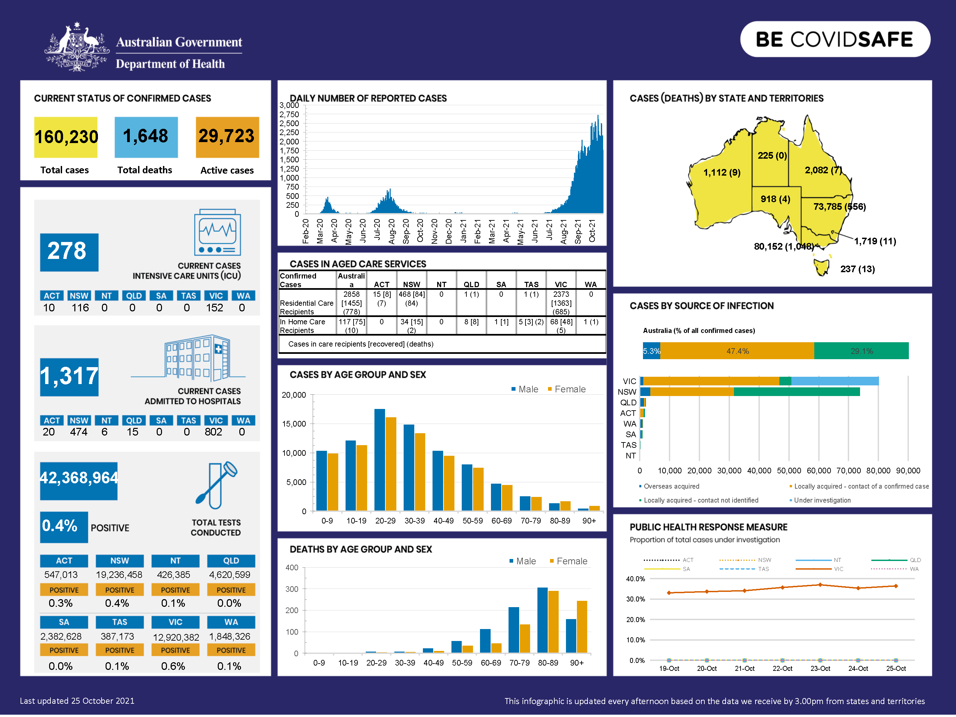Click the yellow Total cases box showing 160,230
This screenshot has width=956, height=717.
coord(66,137)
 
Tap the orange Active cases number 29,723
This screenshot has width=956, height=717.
coord(227,136)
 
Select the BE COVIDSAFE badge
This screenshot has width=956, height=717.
coord(835,39)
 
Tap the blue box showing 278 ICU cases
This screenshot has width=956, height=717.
coord(69,252)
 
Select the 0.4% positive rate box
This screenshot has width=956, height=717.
coord(63,526)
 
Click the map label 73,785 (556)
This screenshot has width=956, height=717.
coord(839,206)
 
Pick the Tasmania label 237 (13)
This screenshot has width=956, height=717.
coord(857,269)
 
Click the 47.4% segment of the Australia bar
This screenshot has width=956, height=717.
coord(737,351)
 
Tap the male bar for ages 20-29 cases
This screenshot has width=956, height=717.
coord(379,459)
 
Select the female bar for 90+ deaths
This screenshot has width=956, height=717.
coord(582,626)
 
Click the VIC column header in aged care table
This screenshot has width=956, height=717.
coord(561,284)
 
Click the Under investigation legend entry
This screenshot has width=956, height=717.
coord(822,500)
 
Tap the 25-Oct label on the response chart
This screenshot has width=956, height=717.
coord(896,668)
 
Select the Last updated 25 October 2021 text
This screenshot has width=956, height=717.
coord(77,701)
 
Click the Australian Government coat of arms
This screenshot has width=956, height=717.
coord(77,47)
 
